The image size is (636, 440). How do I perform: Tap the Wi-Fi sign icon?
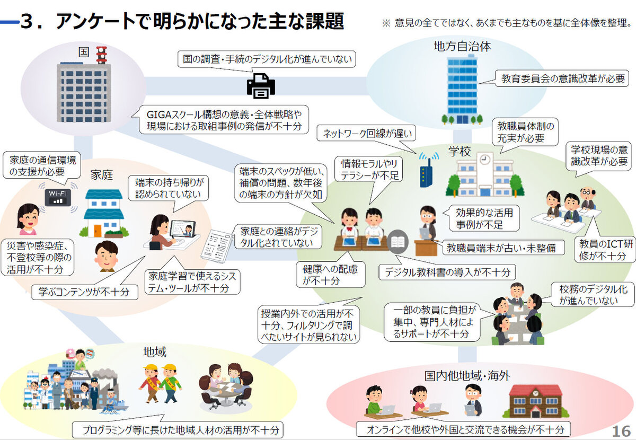58,197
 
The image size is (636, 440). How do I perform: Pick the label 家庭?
101,174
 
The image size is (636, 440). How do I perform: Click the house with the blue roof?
103,212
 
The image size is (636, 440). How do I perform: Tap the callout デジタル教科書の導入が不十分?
447,272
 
